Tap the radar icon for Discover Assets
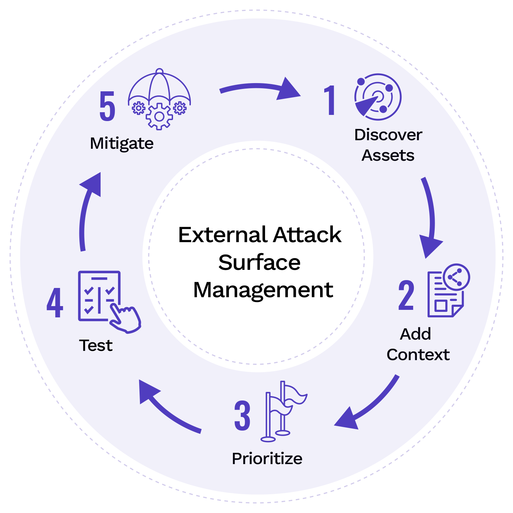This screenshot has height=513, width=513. coord(378,97)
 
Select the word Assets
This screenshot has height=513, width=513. coord(388,156)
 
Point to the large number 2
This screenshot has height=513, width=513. coord(406,295)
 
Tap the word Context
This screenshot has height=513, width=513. coord(418,355)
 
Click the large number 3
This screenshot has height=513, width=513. coord(242,416)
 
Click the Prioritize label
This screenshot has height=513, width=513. coord(267,459)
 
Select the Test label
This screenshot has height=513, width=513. coord(96,345)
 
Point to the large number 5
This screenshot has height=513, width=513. coord(107,107)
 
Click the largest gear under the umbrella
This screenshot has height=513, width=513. coord(159,117)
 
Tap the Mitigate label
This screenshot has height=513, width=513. coord(122,144)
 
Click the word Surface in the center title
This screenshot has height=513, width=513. coord(259,263)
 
